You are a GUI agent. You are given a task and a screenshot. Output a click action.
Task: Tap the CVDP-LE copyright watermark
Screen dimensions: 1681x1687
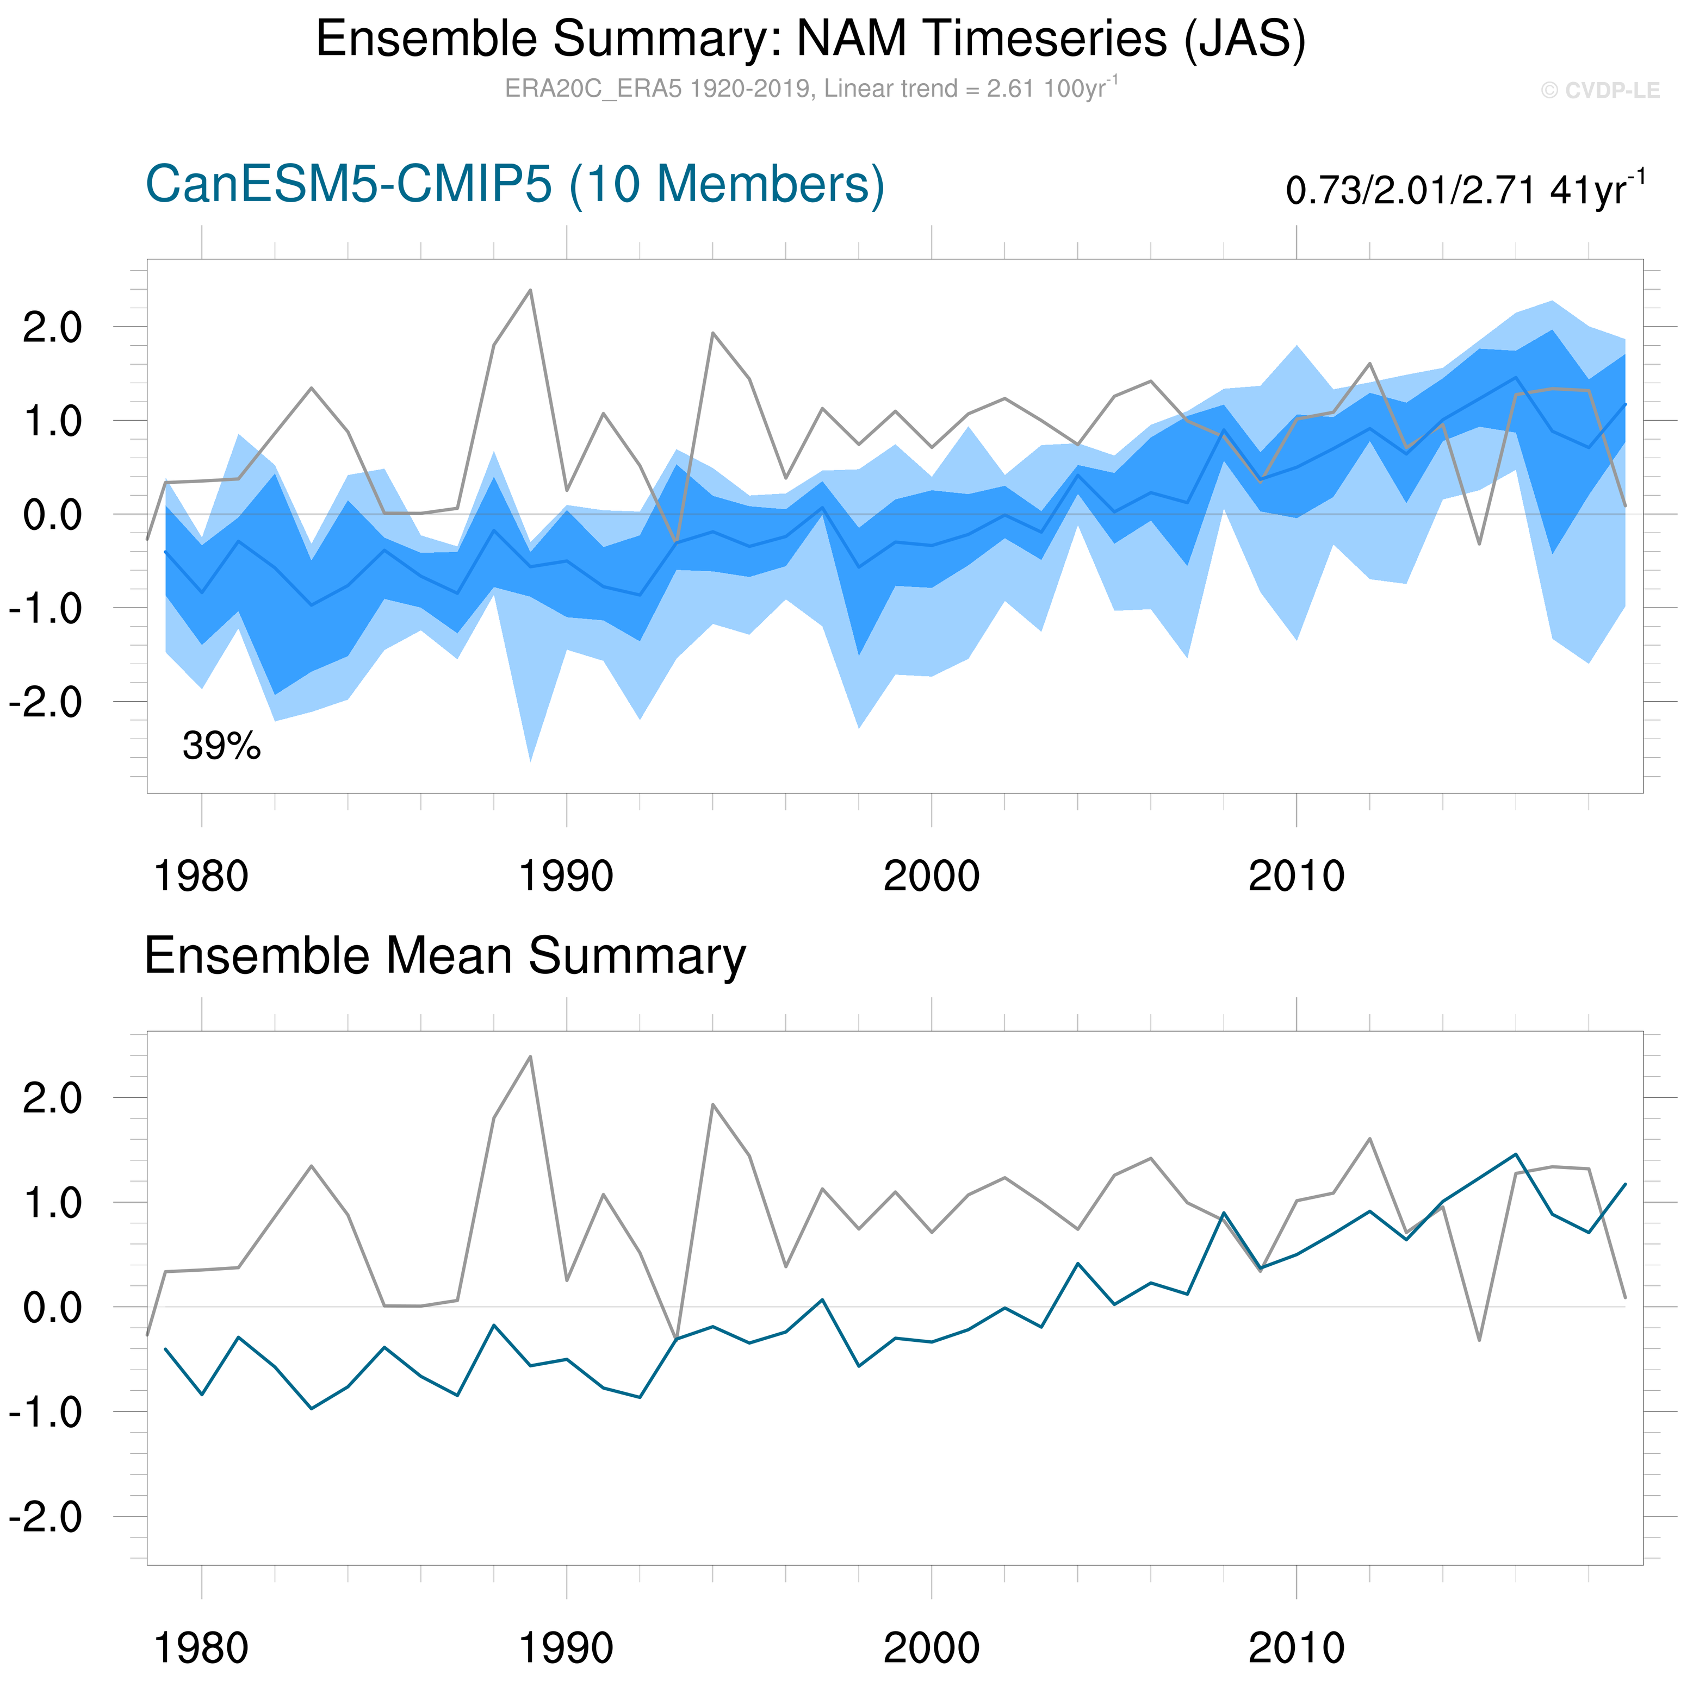pos(1599,91)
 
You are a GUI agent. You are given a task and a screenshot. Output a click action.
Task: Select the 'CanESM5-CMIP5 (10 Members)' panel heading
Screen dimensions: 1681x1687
pos(515,185)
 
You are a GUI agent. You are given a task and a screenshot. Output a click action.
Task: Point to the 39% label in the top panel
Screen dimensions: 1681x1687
pos(221,746)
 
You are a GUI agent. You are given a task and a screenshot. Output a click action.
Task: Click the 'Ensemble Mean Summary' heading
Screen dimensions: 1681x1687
pos(445,955)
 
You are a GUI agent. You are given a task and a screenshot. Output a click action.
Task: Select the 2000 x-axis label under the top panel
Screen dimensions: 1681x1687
pos(931,876)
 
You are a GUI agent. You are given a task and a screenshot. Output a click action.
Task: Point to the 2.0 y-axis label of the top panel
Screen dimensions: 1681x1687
pos(52,328)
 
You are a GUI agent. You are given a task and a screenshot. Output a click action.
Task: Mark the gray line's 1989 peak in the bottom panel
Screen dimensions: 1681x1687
pos(530,1057)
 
